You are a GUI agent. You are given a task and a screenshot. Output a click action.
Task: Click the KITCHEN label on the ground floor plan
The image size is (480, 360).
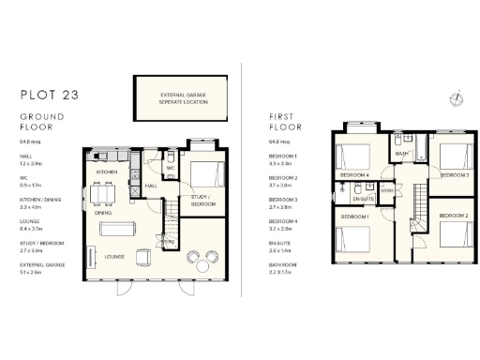click(107, 174)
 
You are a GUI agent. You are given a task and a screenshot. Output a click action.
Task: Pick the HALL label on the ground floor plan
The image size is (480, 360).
click(150, 186)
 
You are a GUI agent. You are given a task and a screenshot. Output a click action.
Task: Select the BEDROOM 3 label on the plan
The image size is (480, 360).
click(453, 175)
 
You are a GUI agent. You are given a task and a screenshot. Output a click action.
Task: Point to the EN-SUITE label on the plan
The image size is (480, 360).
click(364, 200)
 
